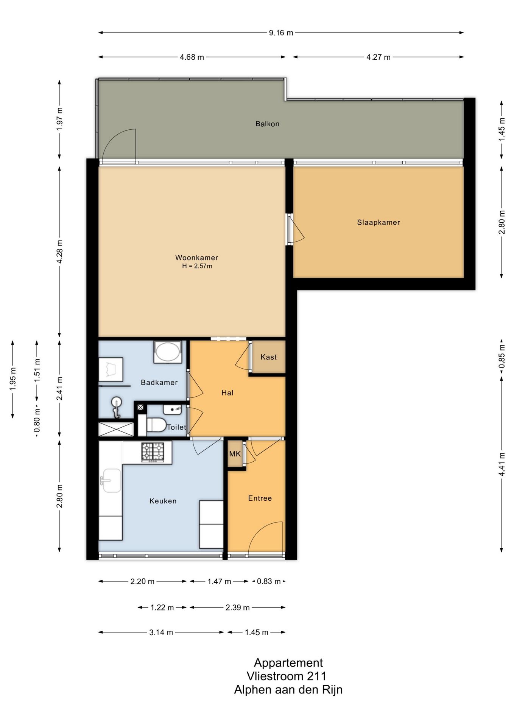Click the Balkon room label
point(267,124)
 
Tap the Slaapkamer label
point(378,222)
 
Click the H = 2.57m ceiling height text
point(197,266)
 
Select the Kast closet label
point(268,357)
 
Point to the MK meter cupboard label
point(235,454)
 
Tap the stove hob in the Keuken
point(153,452)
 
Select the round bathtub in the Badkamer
point(168,352)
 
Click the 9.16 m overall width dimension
point(281,33)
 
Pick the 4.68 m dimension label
point(192,57)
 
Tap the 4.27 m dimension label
point(378,57)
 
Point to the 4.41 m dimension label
point(502,464)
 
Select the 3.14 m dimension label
point(161,632)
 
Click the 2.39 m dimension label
point(237,608)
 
